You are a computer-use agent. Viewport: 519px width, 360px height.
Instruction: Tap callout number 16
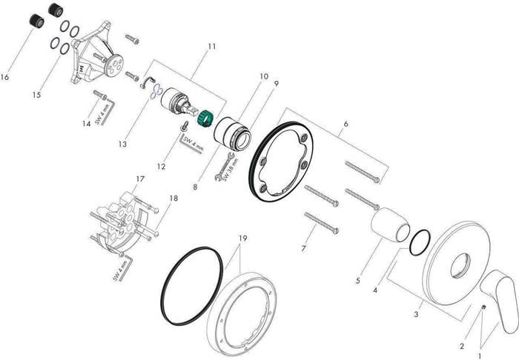pos(4,77)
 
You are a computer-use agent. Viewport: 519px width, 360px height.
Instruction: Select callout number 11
pos(212,46)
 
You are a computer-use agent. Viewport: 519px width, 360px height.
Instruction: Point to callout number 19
pos(242,238)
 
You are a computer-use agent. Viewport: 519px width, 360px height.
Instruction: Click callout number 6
pos(346,124)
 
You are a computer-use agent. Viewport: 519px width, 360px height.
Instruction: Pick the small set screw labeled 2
pos(483,307)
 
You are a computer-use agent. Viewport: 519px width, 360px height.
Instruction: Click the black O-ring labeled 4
pos(420,242)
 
